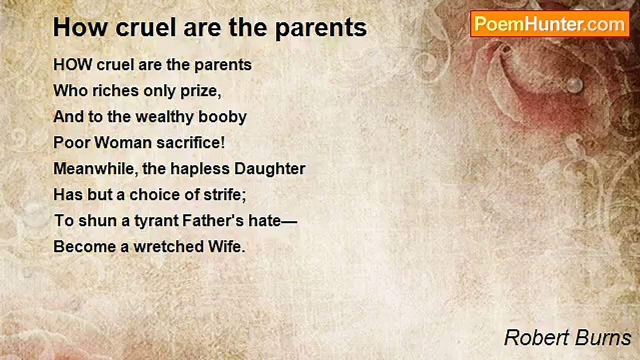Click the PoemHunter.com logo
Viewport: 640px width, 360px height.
click(550, 24)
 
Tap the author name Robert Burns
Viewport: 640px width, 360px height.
click(567, 337)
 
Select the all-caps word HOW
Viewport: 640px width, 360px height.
click(72, 65)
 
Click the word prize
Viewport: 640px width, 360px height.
click(200, 91)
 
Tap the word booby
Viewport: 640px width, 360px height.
click(222, 117)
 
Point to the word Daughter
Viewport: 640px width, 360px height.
click(269, 169)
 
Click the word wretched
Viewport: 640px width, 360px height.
click(169, 247)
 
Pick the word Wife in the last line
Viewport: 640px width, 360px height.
click(226, 247)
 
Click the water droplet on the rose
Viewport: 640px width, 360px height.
click(574, 85)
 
